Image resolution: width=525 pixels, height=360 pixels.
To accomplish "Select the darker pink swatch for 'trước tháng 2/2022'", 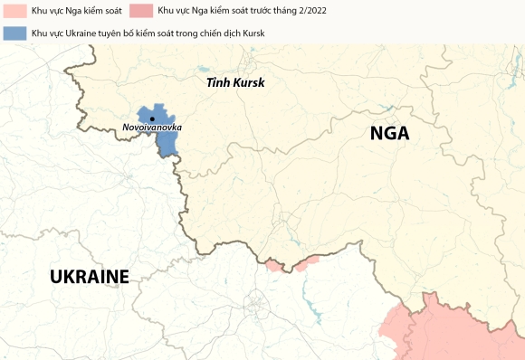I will click(x=141, y=12).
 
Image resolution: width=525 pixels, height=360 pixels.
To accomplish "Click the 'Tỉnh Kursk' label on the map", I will click(x=234, y=82).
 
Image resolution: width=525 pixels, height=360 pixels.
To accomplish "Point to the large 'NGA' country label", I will click(x=389, y=134).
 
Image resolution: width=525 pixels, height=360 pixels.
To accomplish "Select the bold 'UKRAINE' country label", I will click(x=90, y=277).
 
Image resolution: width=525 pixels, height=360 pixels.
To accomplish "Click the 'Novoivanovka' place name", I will click(x=152, y=128).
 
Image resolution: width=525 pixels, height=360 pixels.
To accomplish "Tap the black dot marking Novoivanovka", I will click(x=153, y=118).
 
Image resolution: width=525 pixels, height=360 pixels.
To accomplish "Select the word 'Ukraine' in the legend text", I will click(x=82, y=33).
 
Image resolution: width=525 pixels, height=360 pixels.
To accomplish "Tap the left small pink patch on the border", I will click(x=273, y=265).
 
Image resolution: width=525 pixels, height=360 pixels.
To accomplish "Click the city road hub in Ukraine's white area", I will click(x=256, y=304).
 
